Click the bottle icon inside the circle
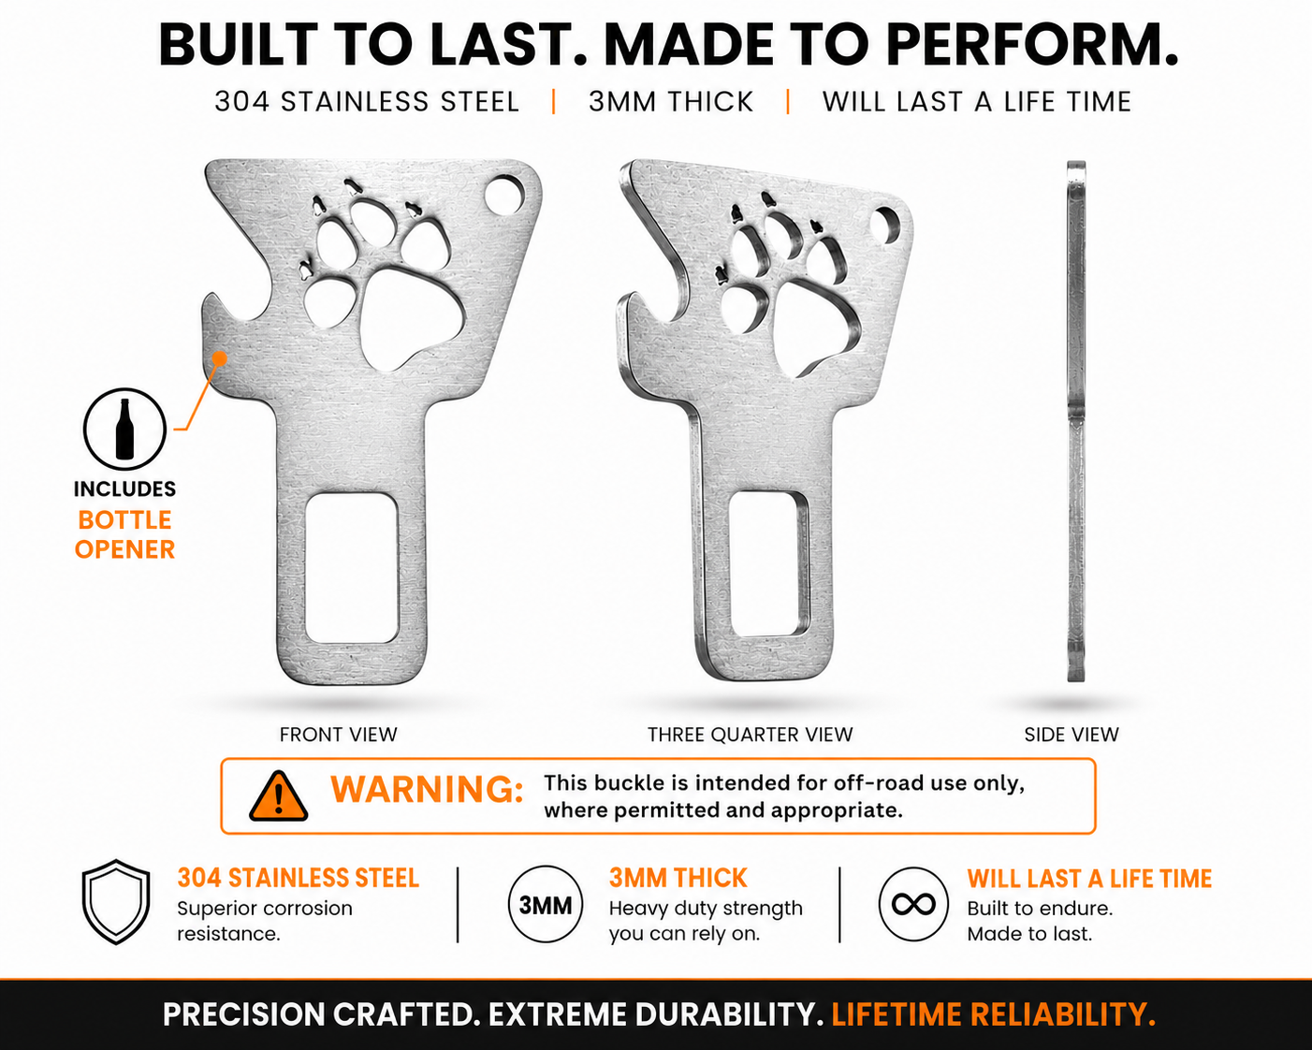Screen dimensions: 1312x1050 pyautogui.click(x=125, y=429)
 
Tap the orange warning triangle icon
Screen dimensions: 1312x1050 pyautogui.click(x=279, y=796)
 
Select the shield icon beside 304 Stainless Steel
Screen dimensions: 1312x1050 pyautogui.click(x=116, y=902)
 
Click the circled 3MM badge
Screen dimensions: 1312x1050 pyautogui.click(x=545, y=905)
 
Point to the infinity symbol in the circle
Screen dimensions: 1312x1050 pyautogui.click(x=913, y=905)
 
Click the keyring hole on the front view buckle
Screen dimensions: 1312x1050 pyautogui.click(x=504, y=195)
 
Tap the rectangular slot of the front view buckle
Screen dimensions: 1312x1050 pyautogui.click(x=352, y=568)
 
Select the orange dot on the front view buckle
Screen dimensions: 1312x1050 pyautogui.click(x=220, y=357)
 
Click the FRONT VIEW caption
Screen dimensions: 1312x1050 pyautogui.click(x=339, y=734)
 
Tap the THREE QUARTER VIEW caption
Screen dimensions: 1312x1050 pyautogui.click(x=750, y=734)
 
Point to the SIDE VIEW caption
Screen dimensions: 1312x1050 pyautogui.click(x=1071, y=734)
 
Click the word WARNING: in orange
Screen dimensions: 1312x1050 pyautogui.click(x=427, y=790)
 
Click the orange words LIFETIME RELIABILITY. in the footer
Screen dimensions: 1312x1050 pyautogui.click(x=993, y=1014)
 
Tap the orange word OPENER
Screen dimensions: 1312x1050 pyautogui.click(x=125, y=549)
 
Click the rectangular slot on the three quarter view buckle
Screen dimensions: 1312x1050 pyautogui.click(x=769, y=564)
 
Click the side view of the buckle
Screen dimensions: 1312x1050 pyautogui.click(x=1076, y=421)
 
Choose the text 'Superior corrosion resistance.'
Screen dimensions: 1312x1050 pyautogui.click(x=265, y=921)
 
